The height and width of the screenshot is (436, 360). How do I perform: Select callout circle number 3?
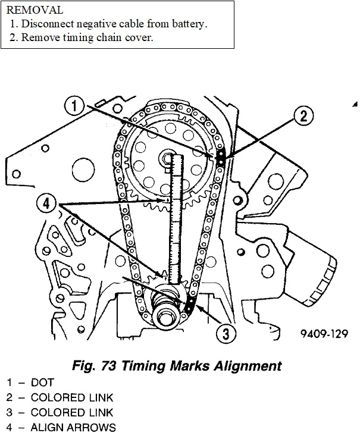click(x=225, y=335)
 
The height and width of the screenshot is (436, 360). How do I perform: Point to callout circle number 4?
click(x=46, y=202)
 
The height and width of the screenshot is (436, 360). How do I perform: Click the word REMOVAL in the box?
click(x=35, y=11)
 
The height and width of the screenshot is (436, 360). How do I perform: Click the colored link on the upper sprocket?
click(x=220, y=158)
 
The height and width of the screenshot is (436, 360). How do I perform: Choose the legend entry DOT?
click(x=42, y=383)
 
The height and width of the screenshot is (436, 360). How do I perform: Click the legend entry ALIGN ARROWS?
click(x=73, y=427)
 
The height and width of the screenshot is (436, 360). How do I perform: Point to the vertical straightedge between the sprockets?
click(x=174, y=220)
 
